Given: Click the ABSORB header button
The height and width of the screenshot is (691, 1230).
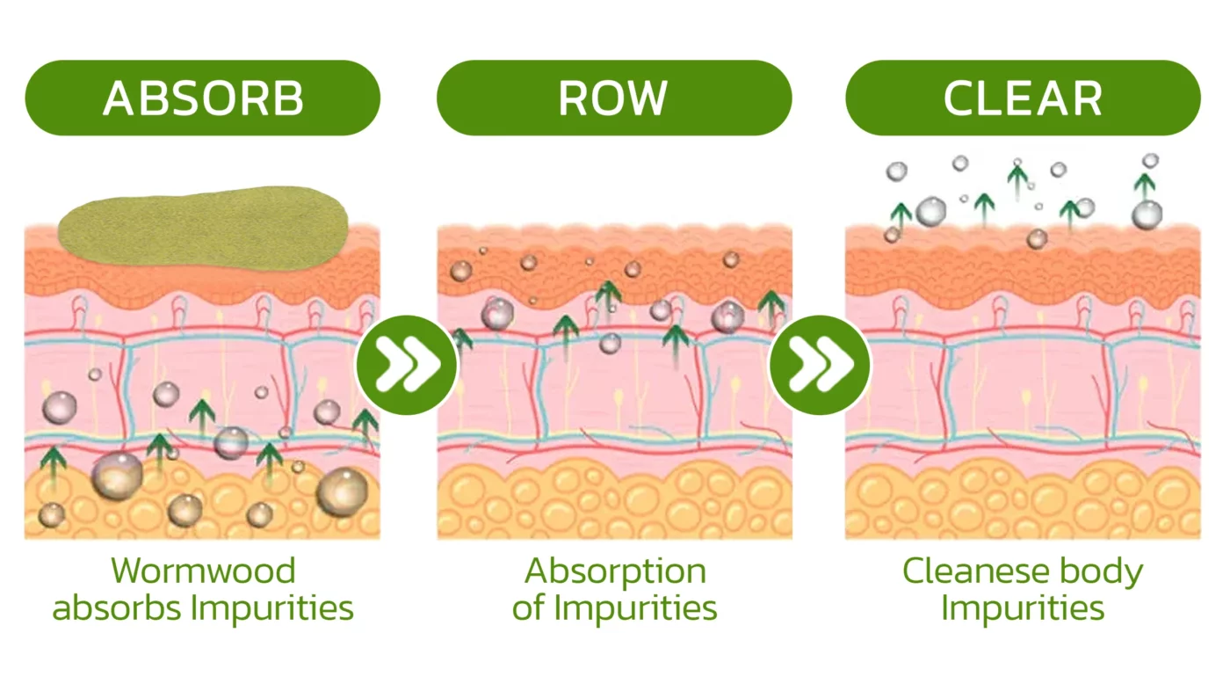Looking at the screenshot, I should pos(202,98).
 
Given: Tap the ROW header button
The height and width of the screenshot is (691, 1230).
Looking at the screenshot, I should pos(613,98).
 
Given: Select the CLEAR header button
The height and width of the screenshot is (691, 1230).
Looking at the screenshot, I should pos(1023,98).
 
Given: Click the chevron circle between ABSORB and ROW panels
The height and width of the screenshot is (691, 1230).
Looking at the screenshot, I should pos(407,364).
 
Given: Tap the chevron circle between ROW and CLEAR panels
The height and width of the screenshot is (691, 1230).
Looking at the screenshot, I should pos(820,364).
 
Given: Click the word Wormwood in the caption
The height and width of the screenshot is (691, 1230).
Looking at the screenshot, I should pos(203,571).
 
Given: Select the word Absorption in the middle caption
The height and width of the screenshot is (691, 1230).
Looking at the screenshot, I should pos(615,571).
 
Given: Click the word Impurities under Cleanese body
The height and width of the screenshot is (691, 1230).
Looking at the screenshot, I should pos(1023,607).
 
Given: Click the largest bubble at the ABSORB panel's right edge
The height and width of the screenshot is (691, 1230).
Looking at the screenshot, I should pos(343,492).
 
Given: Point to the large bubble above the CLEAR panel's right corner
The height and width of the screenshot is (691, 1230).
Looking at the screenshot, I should pos(1147,214).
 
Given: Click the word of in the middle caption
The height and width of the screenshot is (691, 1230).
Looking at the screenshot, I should pos(529,607).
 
